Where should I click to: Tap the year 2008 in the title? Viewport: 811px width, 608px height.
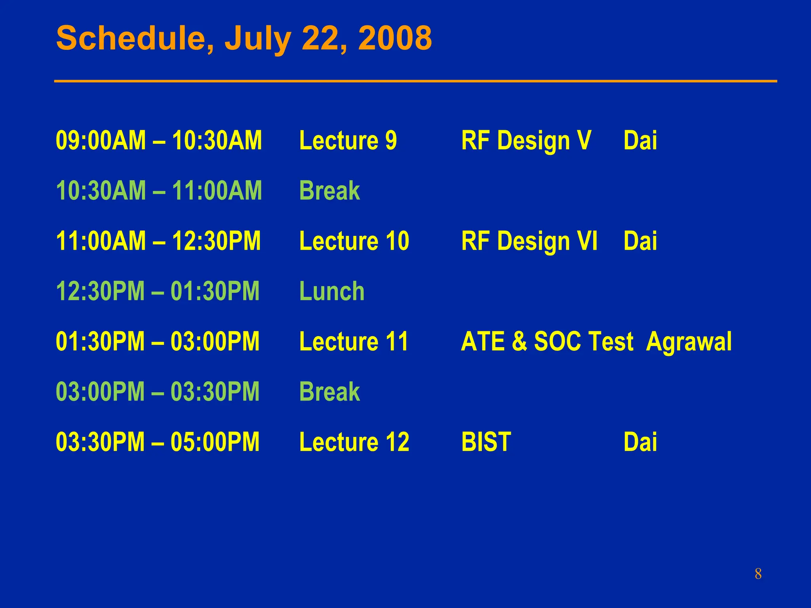tap(395, 38)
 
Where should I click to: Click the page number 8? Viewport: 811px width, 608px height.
tap(758, 574)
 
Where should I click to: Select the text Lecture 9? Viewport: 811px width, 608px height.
tap(348, 141)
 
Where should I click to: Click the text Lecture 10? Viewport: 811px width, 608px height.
tap(354, 241)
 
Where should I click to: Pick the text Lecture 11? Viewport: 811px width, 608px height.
tap(354, 342)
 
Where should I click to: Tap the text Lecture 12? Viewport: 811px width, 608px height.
tap(354, 442)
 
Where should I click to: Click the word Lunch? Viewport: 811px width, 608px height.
tap(332, 291)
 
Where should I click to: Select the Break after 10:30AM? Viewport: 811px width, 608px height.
tap(329, 191)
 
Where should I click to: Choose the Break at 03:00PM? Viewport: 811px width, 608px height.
tap(329, 392)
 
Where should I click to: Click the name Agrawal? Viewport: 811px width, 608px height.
tap(689, 342)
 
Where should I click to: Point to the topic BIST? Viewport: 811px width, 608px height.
tap(486, 442)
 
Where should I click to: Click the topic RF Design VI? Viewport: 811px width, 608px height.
tap(529, 241)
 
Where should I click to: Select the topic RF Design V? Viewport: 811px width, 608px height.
tap(526, 141)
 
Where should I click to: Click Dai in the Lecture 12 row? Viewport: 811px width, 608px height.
tap(640, 442)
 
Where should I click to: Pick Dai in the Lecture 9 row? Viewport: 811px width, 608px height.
tap(640, 141)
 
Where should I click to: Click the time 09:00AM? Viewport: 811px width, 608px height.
tap(101, 141)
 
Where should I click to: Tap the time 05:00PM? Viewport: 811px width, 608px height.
tap(215, 442)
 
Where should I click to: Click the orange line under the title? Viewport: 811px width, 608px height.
tap(415, 81)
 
